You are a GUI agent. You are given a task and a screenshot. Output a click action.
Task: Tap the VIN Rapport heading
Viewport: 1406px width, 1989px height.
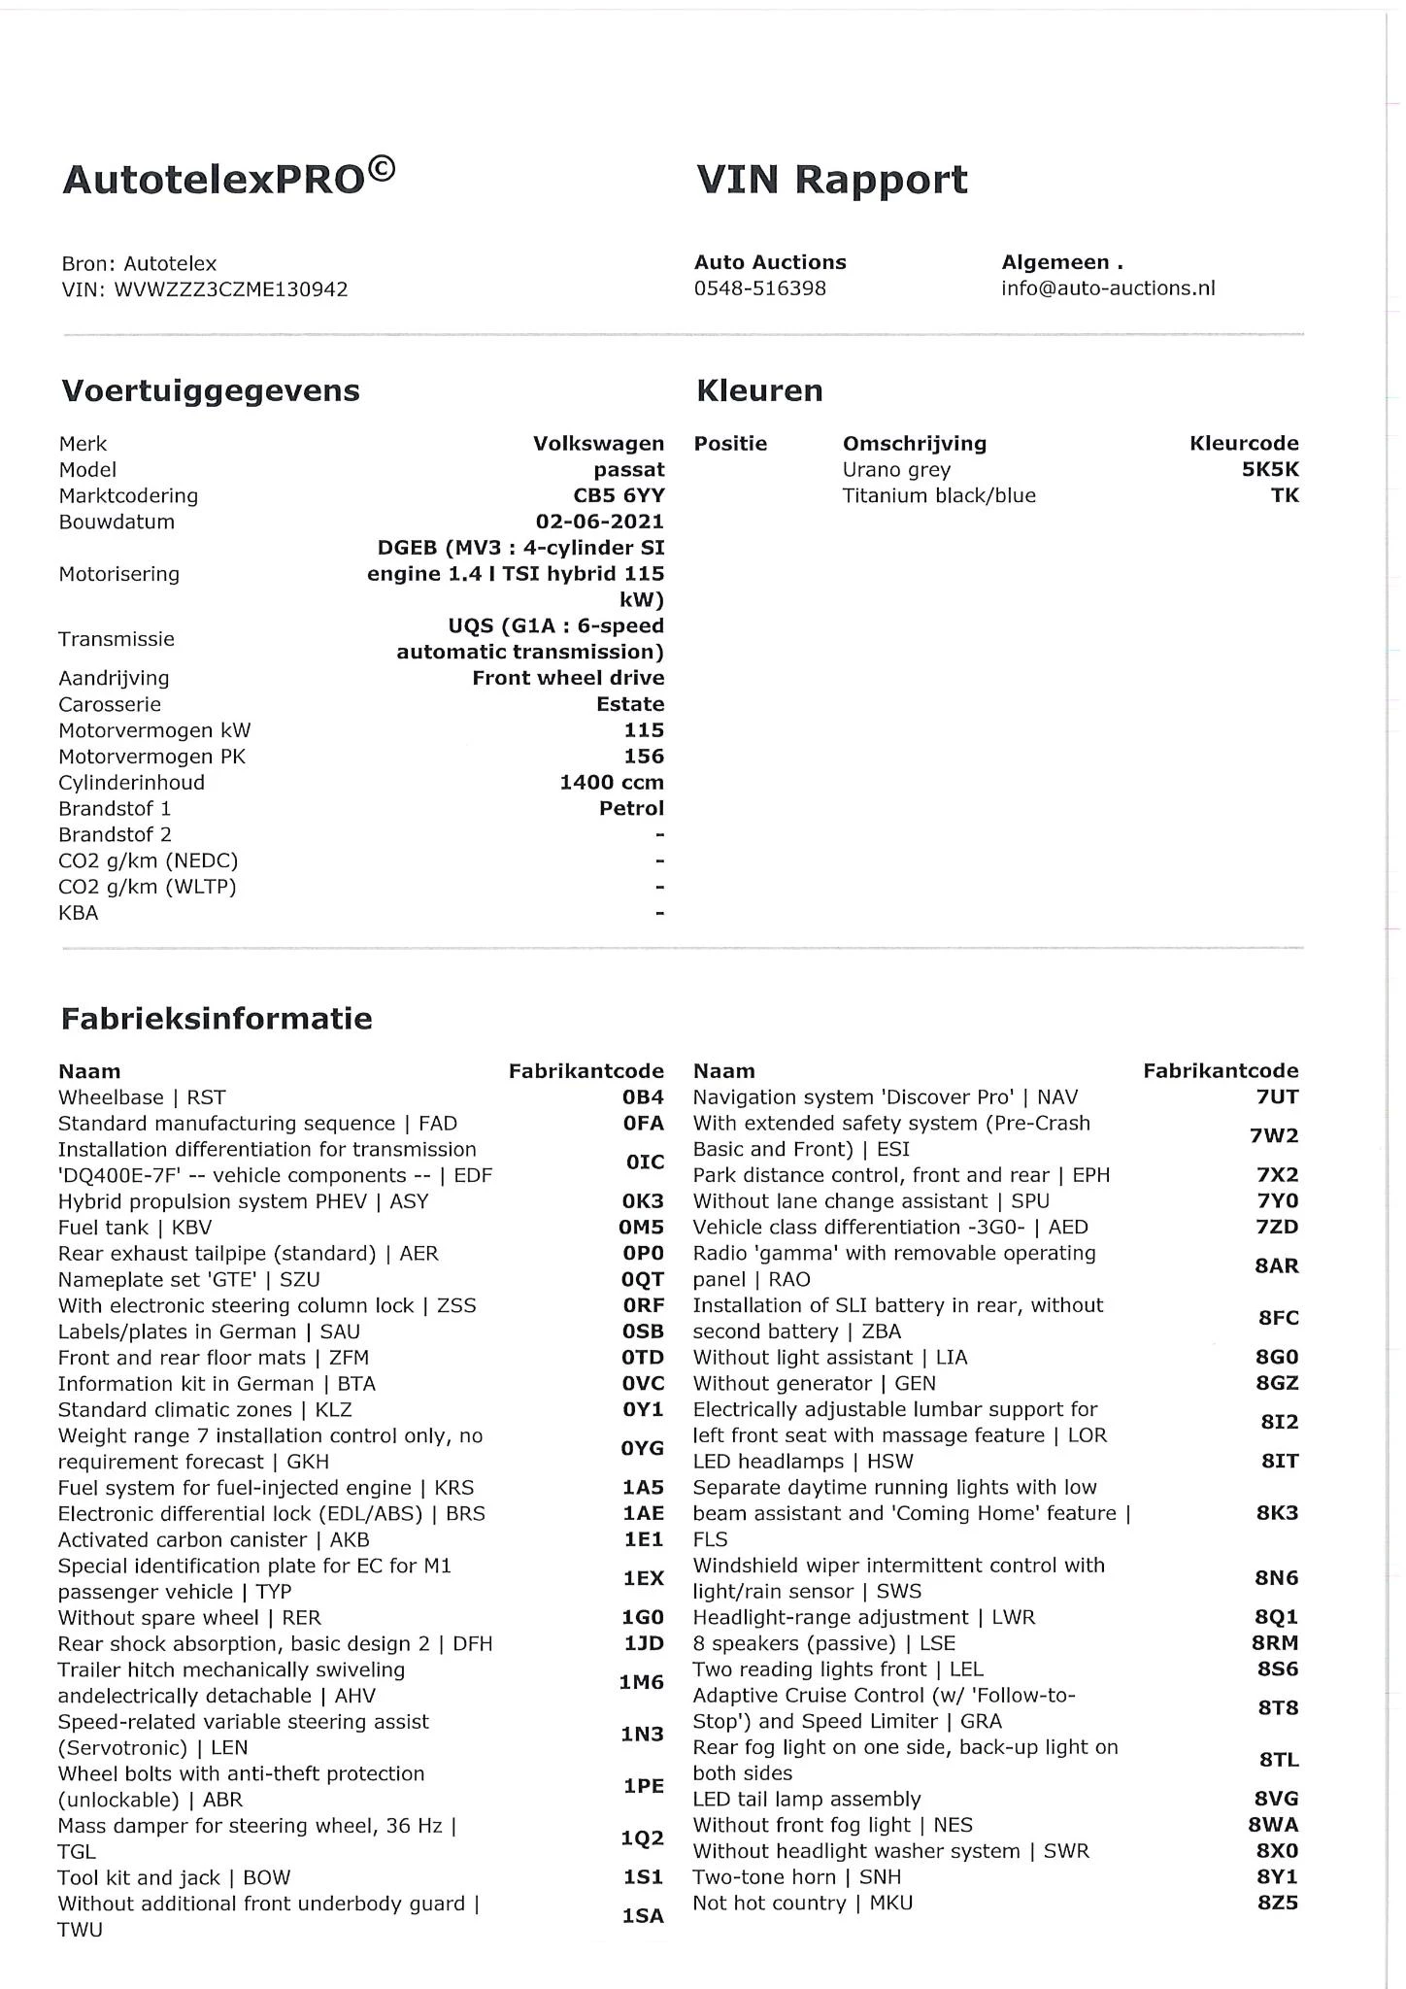click(x=832, y=180)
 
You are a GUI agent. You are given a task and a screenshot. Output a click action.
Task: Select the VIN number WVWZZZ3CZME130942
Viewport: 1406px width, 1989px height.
click(x=231, y=289)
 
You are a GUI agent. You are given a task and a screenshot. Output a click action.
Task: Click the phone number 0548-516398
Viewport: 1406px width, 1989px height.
click(x=759, y=288)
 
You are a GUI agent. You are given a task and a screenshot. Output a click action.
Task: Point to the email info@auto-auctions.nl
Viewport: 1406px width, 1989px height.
click(x=1108, y=288)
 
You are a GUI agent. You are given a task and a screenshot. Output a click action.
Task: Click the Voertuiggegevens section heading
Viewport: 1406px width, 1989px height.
click(x=211, y=390)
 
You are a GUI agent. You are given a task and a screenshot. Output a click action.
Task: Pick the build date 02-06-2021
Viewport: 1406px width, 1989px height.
click(x=600, y=522)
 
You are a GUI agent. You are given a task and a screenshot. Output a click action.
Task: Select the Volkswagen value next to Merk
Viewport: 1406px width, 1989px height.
click(x=598, y=444)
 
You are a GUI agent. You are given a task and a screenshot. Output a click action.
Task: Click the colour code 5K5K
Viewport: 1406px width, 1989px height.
click(x=1270, y=470)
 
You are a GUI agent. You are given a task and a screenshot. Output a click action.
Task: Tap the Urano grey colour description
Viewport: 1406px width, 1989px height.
click(x=896, y=470)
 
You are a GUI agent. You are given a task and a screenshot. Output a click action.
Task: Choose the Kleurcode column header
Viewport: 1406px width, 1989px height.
click(x=1244, y=444)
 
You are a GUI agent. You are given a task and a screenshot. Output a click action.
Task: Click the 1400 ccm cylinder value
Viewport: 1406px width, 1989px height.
click(x=612, y=783)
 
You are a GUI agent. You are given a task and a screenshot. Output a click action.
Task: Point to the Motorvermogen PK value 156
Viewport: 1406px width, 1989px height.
click(x=644, y=757)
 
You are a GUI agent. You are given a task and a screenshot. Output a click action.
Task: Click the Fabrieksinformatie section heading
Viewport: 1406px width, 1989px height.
click(x=217, y=1019)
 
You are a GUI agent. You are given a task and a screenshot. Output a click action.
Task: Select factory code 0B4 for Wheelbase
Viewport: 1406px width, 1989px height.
click(x=644, y=1097)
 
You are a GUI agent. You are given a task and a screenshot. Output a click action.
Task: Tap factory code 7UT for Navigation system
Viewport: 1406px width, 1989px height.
click(x=1277, y=1097)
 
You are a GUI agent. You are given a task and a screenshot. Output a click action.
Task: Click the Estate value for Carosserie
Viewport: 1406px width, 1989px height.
click(x=630, y=705)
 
